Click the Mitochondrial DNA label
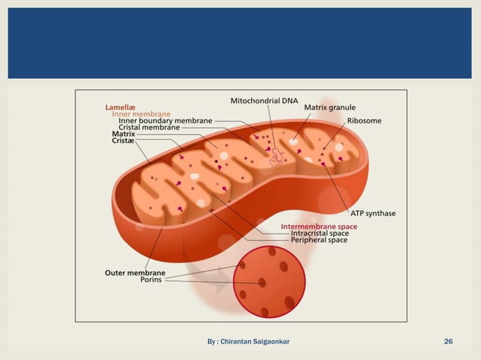tap(264, 100)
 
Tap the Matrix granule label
tap(329, 108)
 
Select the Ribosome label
tap(364, 121)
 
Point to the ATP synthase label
tap(372, 213)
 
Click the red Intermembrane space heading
tap(319, 226)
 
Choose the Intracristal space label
tap(319, 233)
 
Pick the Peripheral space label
tap(319, 241)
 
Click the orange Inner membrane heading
tap(141, 114)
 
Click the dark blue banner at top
tap(240, 43)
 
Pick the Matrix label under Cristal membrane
tap(124, 134)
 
